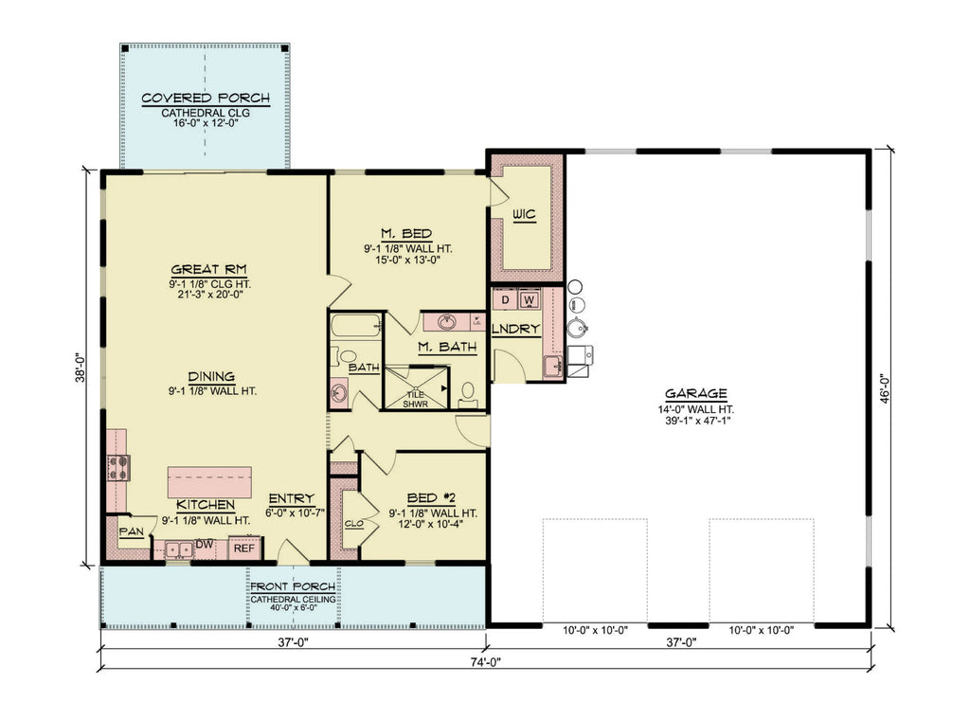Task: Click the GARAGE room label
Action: tap(695, 393)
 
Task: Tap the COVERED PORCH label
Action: tap(206, 98)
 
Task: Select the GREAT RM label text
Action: tap(210, 268)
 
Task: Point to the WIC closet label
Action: tap(524, 215)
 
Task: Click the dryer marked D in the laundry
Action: tap(506, 300)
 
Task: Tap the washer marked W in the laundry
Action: tap(529, 300)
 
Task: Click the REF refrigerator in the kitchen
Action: tap(244, 548)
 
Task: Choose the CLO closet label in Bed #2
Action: tap(353, 521)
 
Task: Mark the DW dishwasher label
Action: tap(204, 545)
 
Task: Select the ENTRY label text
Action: tap(291, 499)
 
